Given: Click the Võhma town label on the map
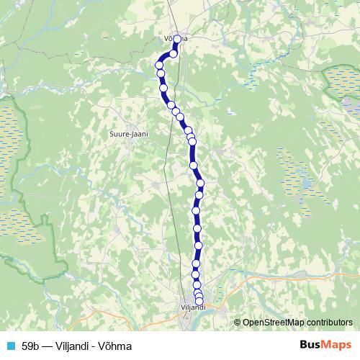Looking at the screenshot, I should click(x=176, y=39).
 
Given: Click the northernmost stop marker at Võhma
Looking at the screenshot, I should click(x=176, y=40).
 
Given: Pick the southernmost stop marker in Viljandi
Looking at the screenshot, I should click(x=199, y=302).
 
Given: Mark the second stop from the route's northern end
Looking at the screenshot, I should click(x=174, y=53).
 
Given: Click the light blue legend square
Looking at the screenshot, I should click(x=9, y=346).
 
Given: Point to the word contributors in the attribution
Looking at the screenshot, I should click(x=331, y=323).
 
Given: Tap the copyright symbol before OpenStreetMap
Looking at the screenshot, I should click(x=238, y=323).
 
